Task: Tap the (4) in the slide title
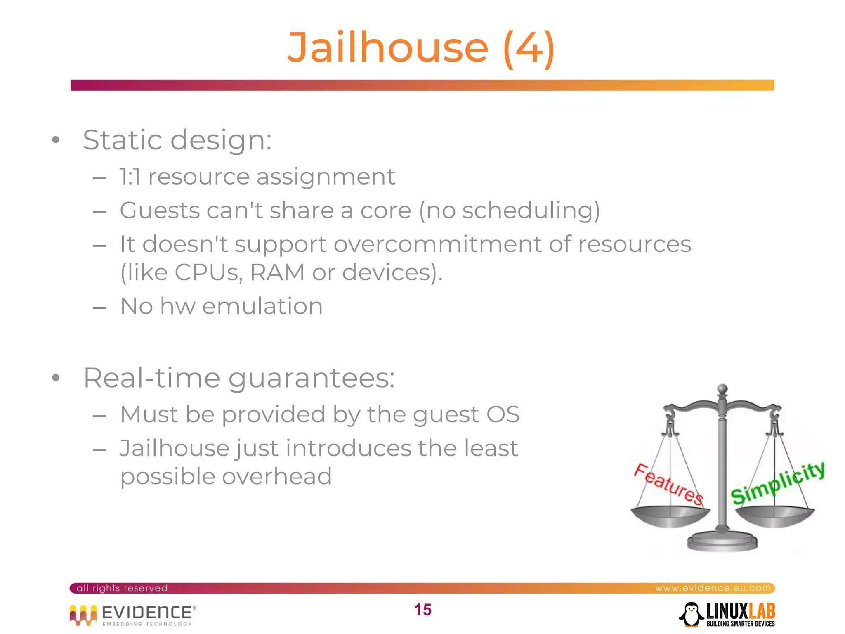[529, 48]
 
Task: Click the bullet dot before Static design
[56, 140]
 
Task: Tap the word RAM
[277, 272]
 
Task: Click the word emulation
[262, 306]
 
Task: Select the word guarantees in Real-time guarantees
[312, 378]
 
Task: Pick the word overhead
[277, 476]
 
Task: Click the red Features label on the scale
[668, 484]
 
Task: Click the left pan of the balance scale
[670, 517]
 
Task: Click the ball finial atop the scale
[722, 389]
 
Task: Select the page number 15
[422, 610]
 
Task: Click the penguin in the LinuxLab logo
[691, 614]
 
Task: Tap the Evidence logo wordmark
[146, 612]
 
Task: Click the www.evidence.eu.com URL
[713, 588]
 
